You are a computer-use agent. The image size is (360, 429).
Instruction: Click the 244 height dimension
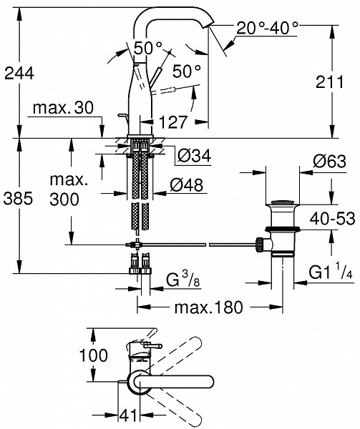click(x=19, y=74)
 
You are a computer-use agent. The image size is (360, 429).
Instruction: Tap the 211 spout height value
click(x=329, y=82)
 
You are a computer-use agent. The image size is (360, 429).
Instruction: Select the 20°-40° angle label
click(x=267, y=28)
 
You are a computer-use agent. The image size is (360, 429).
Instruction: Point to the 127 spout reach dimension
click(x=173, y=122)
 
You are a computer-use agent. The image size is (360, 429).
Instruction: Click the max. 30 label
click(x=63, y=108)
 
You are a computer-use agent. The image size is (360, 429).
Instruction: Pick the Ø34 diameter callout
click(x=195, y=156)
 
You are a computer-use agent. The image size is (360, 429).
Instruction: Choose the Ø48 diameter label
click(x=187, y=185)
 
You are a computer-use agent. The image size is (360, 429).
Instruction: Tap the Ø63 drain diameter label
click(x=330, y=162)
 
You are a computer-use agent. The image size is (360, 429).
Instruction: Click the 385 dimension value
click(x=18, y=198)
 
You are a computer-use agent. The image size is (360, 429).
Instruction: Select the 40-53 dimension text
click(x=332, y=218)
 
